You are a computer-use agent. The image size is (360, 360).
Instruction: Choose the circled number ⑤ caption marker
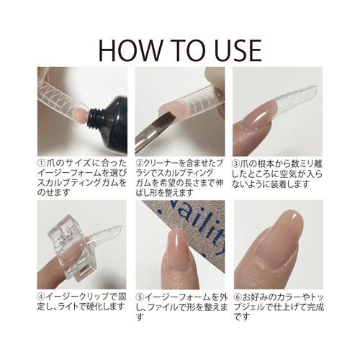click(x=140, y=296)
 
